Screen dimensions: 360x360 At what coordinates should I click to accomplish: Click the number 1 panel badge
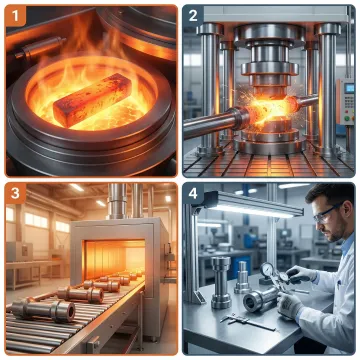tap(16, 15)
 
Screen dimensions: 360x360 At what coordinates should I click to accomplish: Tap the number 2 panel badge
tap(194, 15)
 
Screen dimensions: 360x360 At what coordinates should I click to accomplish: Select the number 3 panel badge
tap(16, 193)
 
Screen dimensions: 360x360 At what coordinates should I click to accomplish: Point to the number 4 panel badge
tap(194, 193)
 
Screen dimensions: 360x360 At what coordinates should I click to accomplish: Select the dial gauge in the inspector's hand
tap(269, 271)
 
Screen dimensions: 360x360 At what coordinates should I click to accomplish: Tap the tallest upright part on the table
tap(220, 280)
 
